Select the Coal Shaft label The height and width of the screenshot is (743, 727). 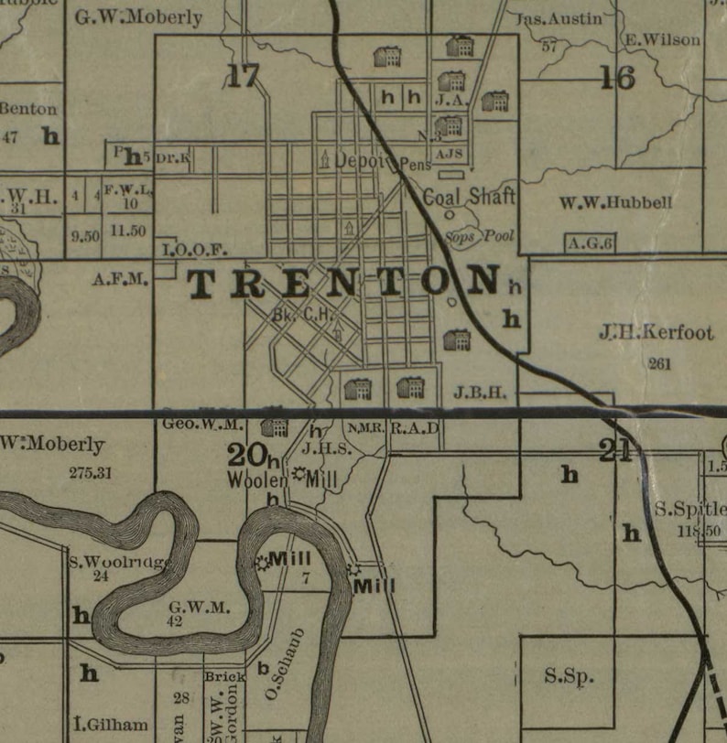[x=469, y=197]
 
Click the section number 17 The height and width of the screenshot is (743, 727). [x=244, y=77]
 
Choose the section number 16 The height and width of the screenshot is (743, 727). [x=617, y=79]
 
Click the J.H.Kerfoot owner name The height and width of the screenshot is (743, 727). [x=656, y=332]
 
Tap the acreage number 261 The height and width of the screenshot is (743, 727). [x=659, y=364]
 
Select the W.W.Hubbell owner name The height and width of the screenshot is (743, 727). [x=615, y=203]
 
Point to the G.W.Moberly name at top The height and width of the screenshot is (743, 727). [x=138, y=17]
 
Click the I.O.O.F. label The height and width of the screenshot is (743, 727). [x=193, y=249]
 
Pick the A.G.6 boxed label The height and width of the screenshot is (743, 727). [x=590, y=243]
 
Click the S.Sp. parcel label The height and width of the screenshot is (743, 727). [x=569, y=677]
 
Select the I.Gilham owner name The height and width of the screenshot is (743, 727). [x=112, y=725]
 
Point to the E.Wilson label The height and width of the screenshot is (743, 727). [x=663, y=39]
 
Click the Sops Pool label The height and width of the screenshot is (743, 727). [x=480, y=235]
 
